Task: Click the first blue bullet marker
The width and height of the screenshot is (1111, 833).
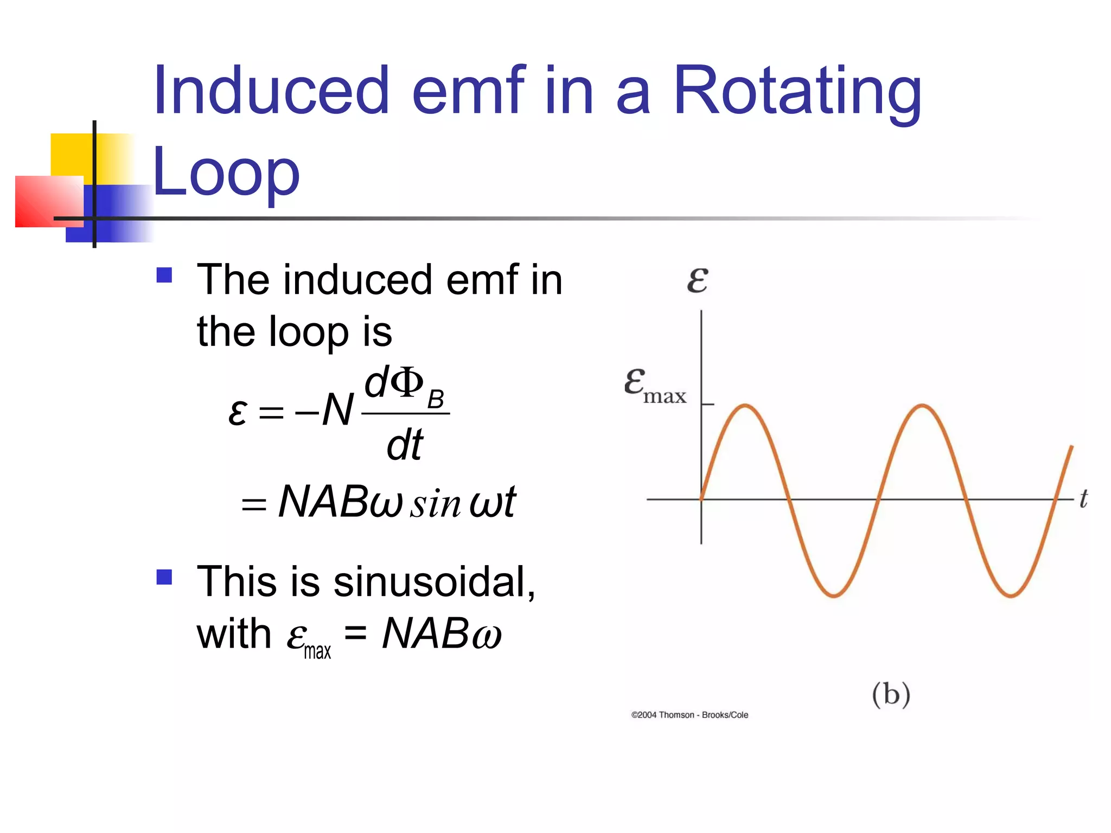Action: coord(164,275)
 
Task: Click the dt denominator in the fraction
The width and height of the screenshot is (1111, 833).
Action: coord(405,445)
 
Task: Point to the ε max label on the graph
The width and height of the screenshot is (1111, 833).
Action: coord(655,386)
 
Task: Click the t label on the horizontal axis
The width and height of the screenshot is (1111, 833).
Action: coord(1083,498)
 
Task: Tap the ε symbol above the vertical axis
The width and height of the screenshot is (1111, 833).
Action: coord(697,280)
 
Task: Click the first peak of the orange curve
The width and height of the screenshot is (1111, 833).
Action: coord(746,405)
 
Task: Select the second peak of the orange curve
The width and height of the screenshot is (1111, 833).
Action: coord(922,405)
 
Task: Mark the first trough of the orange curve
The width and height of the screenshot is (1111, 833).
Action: coord(834,595)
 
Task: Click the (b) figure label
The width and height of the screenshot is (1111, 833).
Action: coord(891,694)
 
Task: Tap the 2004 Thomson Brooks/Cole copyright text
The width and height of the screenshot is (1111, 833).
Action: coord(689,715)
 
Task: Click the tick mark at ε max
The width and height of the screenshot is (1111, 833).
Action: coord(707,404)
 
